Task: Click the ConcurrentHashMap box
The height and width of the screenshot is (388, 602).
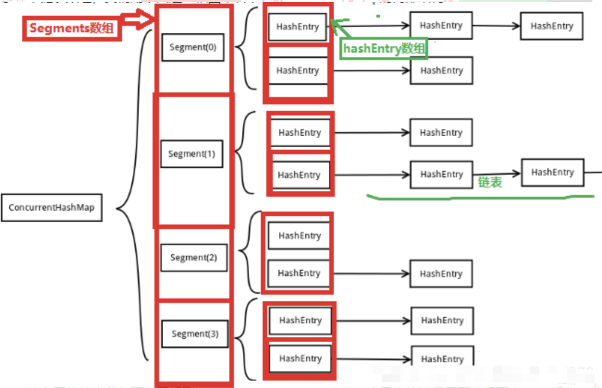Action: (51, 208)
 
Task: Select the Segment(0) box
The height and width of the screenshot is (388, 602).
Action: (193, 47)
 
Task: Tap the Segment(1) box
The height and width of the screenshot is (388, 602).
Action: (191, 154)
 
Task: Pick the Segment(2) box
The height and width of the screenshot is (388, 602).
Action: (193, 257)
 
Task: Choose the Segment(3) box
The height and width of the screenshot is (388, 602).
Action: (195, 333)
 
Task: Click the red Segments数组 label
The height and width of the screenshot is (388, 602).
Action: (72, 28)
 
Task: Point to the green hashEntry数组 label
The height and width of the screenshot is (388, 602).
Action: (384, 48)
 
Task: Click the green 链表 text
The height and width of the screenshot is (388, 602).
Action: (490, 182)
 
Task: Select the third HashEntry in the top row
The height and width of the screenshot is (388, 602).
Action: (551, 26)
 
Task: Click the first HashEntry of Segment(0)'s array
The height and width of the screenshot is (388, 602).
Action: (297, 27)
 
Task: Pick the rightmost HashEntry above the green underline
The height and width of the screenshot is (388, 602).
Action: (552, 172)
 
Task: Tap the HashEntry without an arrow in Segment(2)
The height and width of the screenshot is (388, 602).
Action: (299, 236)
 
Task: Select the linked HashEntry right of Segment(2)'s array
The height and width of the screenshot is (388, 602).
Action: (441, 274)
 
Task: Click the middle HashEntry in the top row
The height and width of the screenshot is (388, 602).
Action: (441, 26)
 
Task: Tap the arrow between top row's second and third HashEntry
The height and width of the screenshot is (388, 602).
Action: (496, 26)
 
